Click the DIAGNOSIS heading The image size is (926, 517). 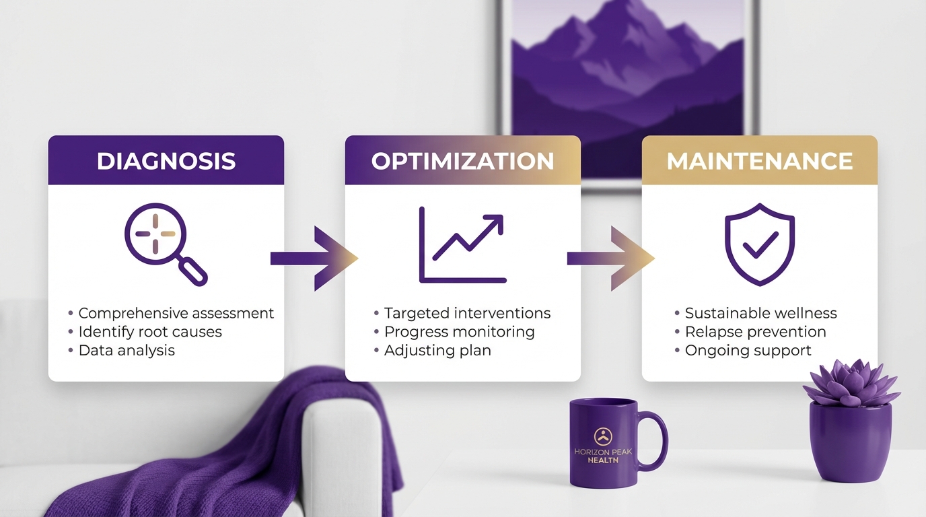click(166, 162)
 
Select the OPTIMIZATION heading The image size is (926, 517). click(462, 162)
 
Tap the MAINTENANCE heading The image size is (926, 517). click(759, 162)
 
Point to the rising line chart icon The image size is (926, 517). click(462, 245)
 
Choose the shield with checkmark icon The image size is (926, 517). click(759, 244)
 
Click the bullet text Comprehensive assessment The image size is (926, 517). click(176, 313)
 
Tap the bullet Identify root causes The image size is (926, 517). click(149, 332)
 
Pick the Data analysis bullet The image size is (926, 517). click(126, 350)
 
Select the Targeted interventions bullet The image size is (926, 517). click(467, 313)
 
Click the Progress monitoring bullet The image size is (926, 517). click(459, 332)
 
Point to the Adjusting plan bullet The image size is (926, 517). click(437, 350)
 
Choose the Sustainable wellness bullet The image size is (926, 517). click(760, 313)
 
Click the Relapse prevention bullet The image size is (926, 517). click(755, 332)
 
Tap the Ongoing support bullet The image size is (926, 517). click(748, 350)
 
